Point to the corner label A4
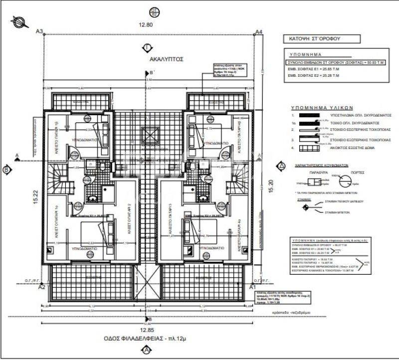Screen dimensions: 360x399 point(258,32)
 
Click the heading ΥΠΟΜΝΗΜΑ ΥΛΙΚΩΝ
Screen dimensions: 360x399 point(322,107)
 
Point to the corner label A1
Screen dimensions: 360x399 point(252,288)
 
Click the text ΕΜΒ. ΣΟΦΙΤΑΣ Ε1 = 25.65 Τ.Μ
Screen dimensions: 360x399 point(312,69)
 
